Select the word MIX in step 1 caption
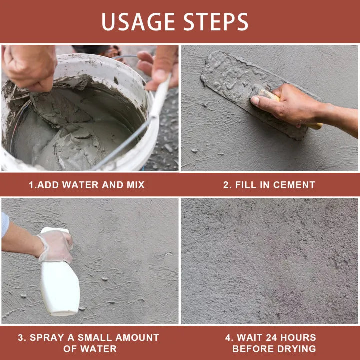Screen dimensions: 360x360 pos(134,185)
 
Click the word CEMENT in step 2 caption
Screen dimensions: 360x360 pos(294,185)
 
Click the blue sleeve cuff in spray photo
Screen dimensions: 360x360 pos(5,224)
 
